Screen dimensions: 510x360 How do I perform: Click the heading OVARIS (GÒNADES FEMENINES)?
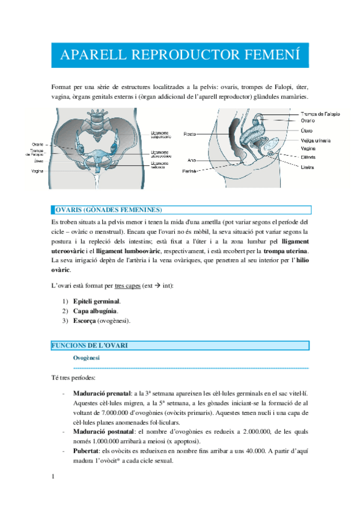click(108, 210)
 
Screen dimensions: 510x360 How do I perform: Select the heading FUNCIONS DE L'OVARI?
click(90, 345)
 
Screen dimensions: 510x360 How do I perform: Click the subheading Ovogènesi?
click(87, 358)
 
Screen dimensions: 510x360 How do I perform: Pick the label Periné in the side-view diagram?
click(190, 171)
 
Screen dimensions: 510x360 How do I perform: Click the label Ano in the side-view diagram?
click(192, 161)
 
